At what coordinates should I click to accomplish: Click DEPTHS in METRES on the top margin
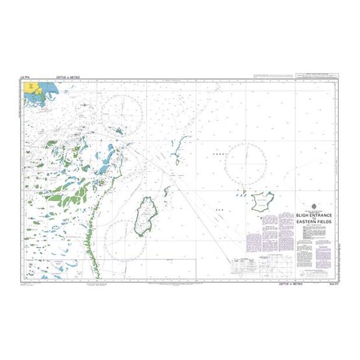tap(68, 76)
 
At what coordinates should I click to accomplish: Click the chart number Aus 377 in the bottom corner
tap(327, 265)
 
